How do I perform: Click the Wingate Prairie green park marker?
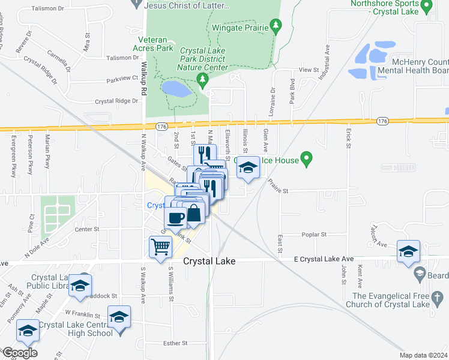(276, 25)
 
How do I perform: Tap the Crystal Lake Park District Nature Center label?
(203, 59)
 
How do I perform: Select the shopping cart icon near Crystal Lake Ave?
(160, 247)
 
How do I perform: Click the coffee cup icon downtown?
(176, 218)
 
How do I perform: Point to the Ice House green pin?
(307, 160)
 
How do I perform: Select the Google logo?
(19, 353)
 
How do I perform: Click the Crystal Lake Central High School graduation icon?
(119, 316)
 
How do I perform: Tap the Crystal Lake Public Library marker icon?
(79, 285)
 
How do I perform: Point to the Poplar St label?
(315, 235)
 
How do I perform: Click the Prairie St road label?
(278, 191)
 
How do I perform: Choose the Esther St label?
(176, 343)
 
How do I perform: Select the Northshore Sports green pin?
(426, 7)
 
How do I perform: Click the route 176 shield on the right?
(382, 121)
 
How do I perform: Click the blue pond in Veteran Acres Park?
(176, 89)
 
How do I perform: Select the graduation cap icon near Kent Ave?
(408, 251)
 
